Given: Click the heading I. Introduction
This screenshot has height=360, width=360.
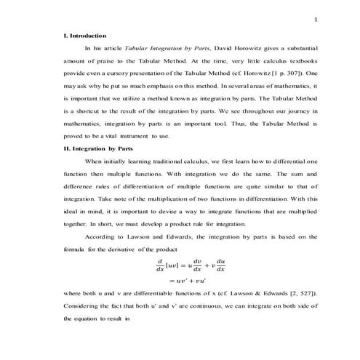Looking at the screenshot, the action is coord(85,35).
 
